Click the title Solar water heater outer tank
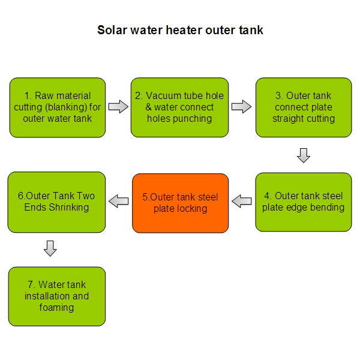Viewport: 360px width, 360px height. coord(180,30)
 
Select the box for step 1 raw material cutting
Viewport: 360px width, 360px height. coord(58,107)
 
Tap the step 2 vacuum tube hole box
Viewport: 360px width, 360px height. coord(179,107)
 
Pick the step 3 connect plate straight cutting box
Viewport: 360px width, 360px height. coord(304,107)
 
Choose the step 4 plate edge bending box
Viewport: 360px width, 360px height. coord(304,202)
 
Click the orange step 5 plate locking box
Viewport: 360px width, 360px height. coord(180,203)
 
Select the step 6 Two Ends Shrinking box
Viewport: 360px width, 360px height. coord(56,202)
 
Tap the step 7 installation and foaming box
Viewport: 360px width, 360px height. coord(57,296)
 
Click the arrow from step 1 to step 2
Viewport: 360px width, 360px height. coord(118,107)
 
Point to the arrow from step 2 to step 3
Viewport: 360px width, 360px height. coord(241,107)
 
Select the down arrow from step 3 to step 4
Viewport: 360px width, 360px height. coord(304,155)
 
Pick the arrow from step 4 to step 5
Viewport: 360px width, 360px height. coord(242,201)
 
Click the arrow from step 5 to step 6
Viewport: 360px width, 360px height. coord(118,201)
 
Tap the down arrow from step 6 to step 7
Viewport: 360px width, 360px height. coord(50,248)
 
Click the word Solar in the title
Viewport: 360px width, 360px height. coord(112,30)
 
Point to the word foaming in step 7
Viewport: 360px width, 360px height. coord(56,308)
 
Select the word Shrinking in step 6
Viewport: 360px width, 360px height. coord(69,208)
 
